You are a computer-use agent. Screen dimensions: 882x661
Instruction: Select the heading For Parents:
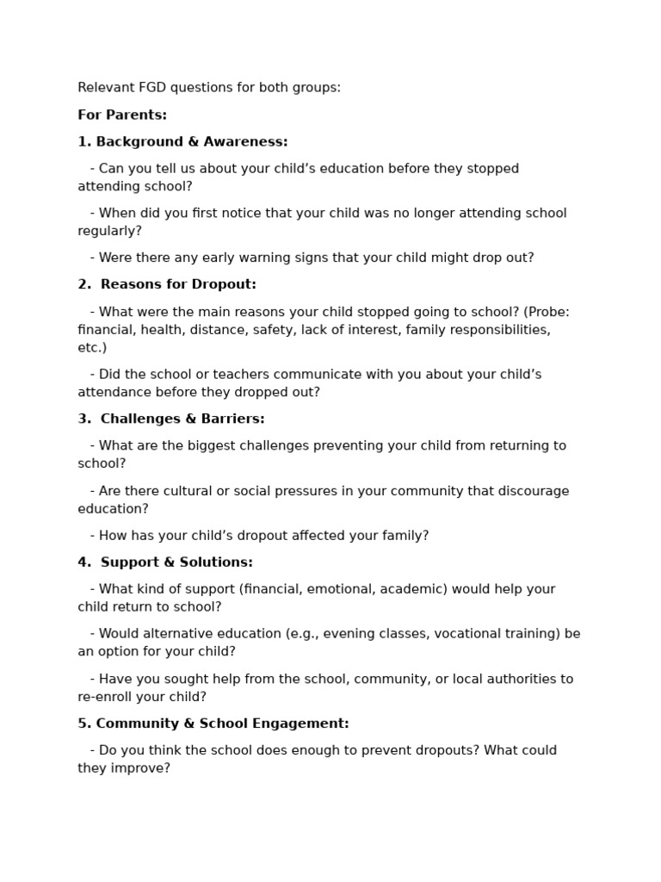click(x=122, y=115)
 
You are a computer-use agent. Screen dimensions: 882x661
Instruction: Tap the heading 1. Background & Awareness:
click(x=182, y=142)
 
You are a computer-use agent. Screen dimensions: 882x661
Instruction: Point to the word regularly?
click(x=109, y=231)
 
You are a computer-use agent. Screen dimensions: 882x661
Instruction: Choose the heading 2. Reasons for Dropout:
click(x=167, y=284)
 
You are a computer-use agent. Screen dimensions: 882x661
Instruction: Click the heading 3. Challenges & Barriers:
click(x=171, y=419)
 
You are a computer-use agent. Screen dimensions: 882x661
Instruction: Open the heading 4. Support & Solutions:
click(x=165, y=562)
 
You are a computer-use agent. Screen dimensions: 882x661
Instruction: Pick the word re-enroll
click(x=104, y=697)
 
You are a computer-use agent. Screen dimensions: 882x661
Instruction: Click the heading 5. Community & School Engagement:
click(x=213, y=724)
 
